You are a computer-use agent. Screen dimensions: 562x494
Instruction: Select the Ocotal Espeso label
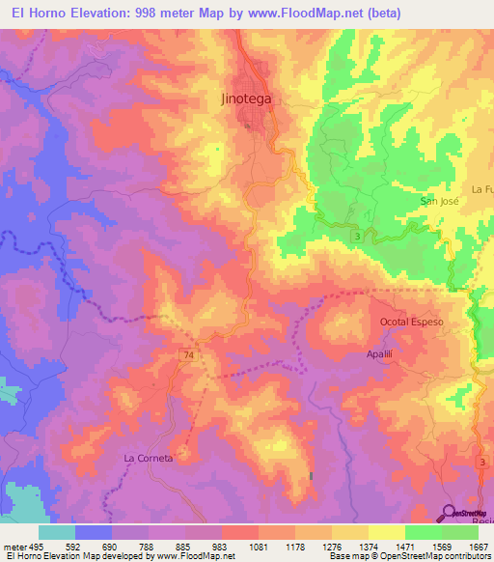tap(412, 321)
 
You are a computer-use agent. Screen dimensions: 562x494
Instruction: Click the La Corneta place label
tap(148, 458)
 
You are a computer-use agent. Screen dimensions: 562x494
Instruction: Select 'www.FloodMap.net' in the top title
tap(299, 13)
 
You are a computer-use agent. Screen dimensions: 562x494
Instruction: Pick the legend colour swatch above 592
tap(94, 532)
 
